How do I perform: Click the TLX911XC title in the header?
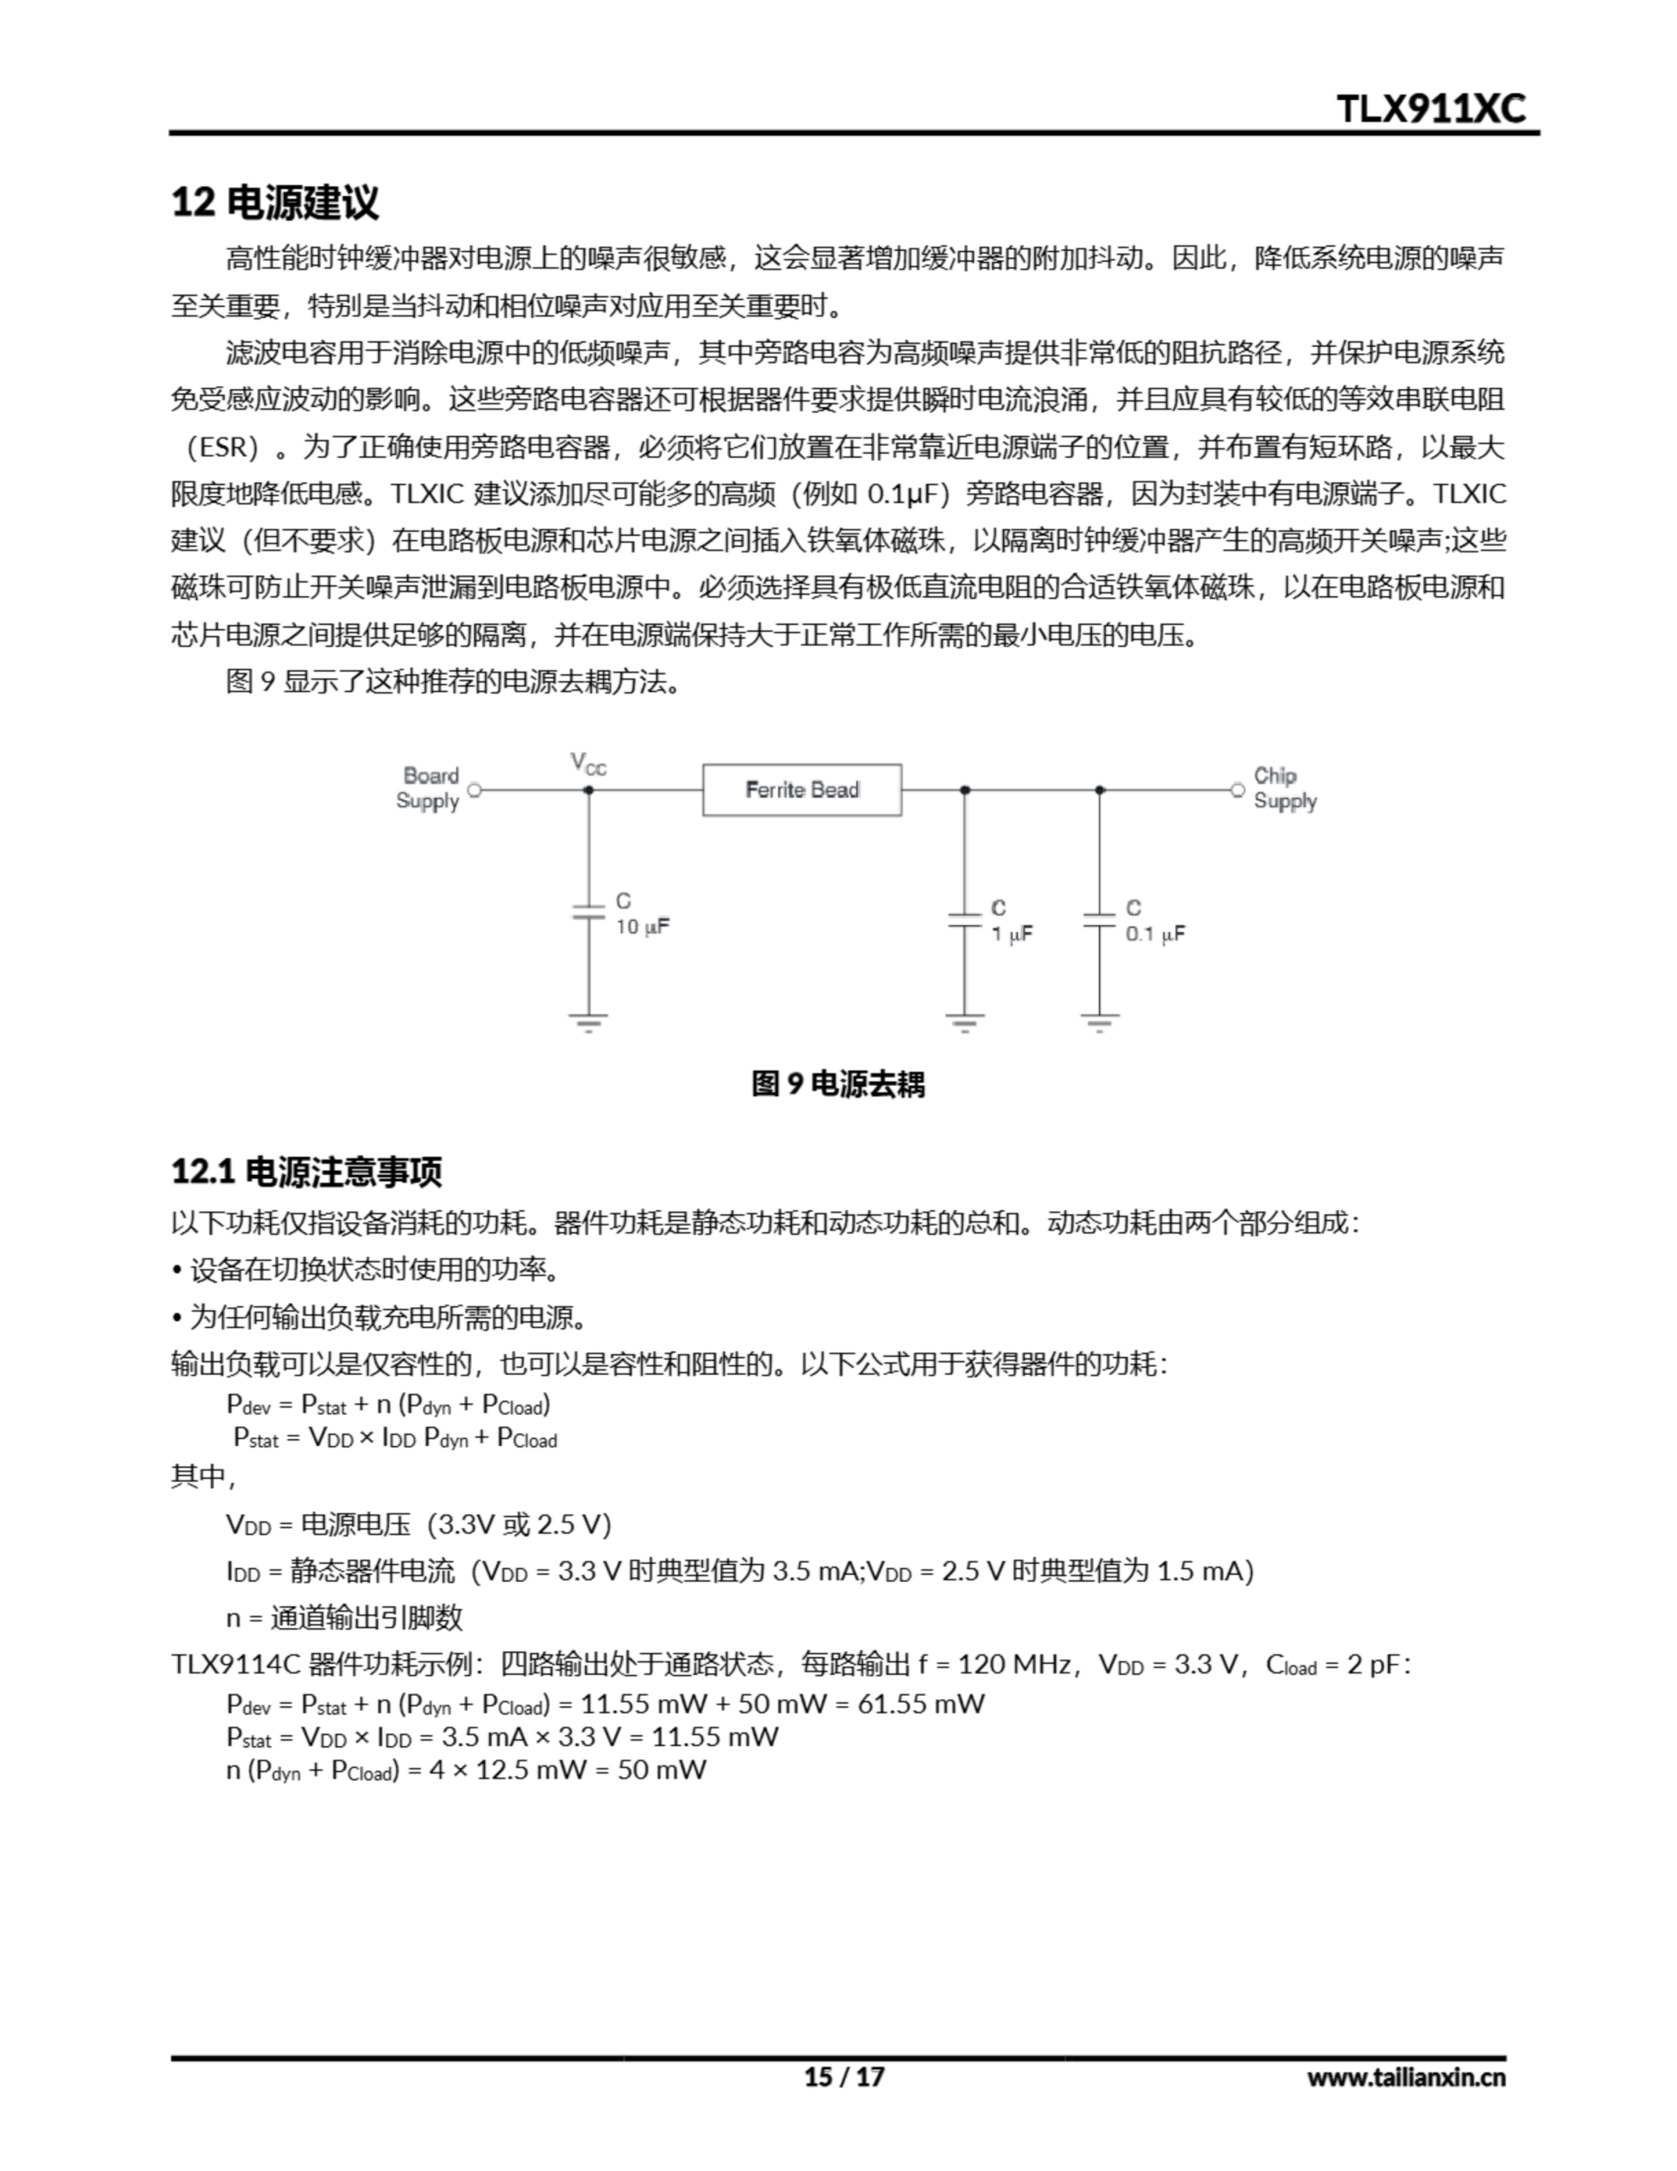pyautogui.click(x=1430, y=108)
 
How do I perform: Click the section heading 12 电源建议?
pyautogui.click(x=276, y=202)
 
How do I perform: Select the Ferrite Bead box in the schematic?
pyautogui.click(x=801, y=790)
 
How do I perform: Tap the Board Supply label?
pyautogui.click(x=428, y=789)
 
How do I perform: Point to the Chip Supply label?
pyautogui.click(x=1284, y=789)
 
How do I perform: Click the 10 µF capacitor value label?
pyautogui.click(x=642, y=926)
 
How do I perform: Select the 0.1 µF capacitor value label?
pyautogui.click(x=1155, y=935)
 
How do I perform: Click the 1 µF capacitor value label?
pyautogui.click(x=1012, y=935)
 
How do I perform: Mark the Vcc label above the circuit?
pyautogui.click(x=588, y=763)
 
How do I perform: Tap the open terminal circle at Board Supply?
pyautogui.click(x=474, y=790)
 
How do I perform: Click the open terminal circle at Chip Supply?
pyautogui.click(x=1238, y=790)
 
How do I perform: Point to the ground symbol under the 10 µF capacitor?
pyautogui.click(x=588, y=1022)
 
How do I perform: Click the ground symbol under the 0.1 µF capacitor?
pyautogui.click(x=1100, y=1022)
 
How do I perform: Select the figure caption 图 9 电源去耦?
pyautogui.click(x=838, y=1084)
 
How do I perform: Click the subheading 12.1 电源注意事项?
pyautogui.click(x=306, y=1172)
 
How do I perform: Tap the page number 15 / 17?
pyautogui.click(x=844, y=2077)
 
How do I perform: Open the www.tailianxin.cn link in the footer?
pyautogui.click(x=1406, y=2077)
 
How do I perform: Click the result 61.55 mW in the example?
pyautogui.click(x=921, y=1704)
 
